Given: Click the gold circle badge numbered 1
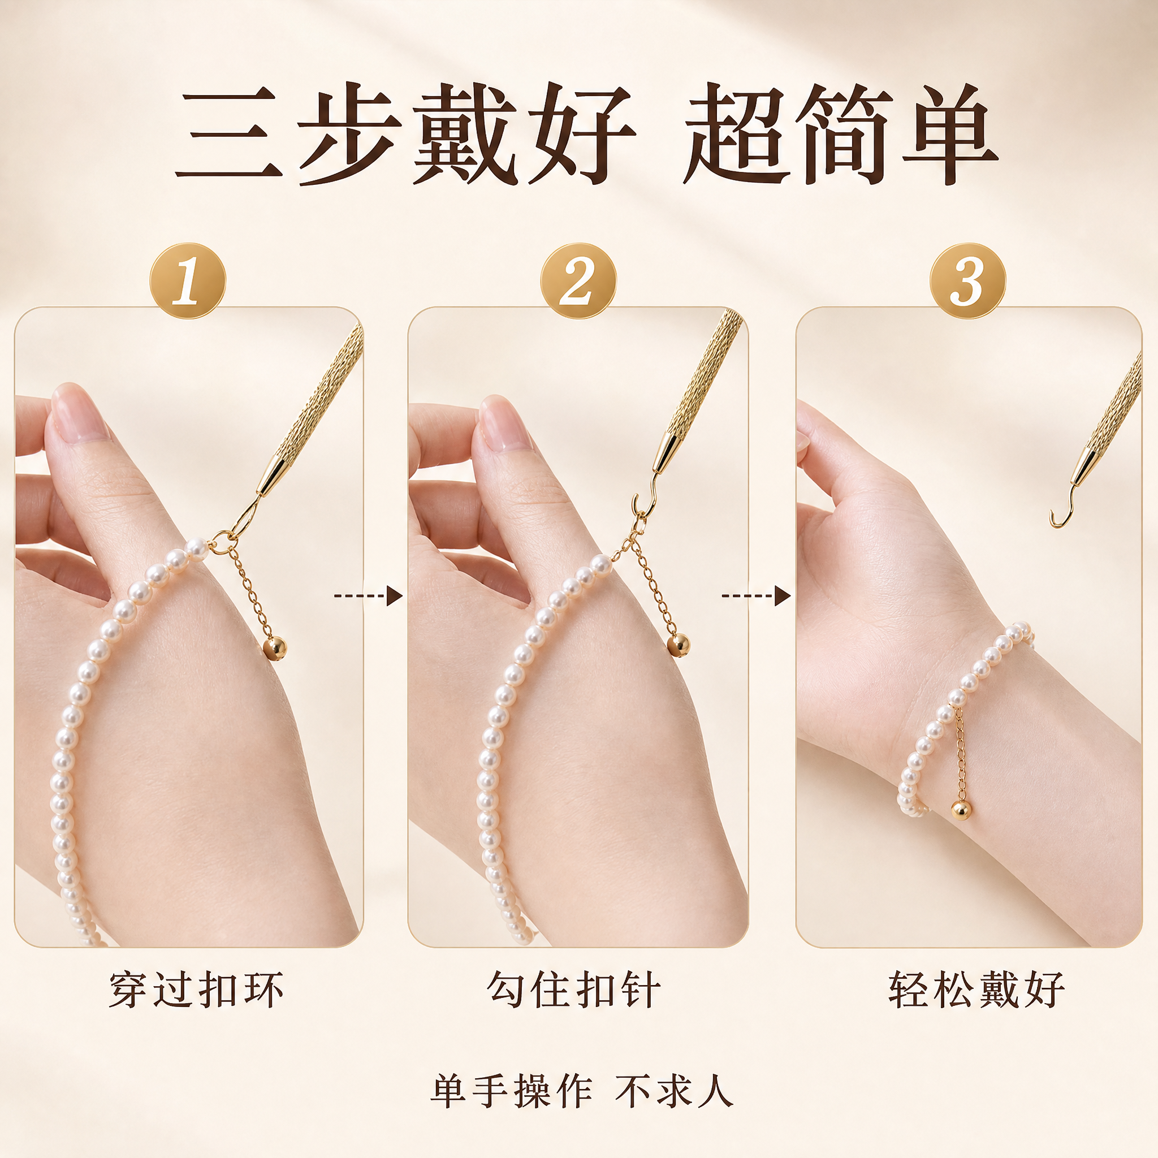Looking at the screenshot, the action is click(x=188, y=280).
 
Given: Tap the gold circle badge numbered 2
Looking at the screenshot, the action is click(x=578, y=280).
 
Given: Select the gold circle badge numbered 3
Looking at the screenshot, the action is click(x=968, y=280).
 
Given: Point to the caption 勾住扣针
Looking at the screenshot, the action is click(x=574, y=990).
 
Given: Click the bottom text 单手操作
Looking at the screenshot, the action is click(x=511, y=1092).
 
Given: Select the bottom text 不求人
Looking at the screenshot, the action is click(x=673, y=1092).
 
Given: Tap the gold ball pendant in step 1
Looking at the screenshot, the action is click(x=275, y=648).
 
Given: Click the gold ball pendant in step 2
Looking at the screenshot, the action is click(x=679, y=646).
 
